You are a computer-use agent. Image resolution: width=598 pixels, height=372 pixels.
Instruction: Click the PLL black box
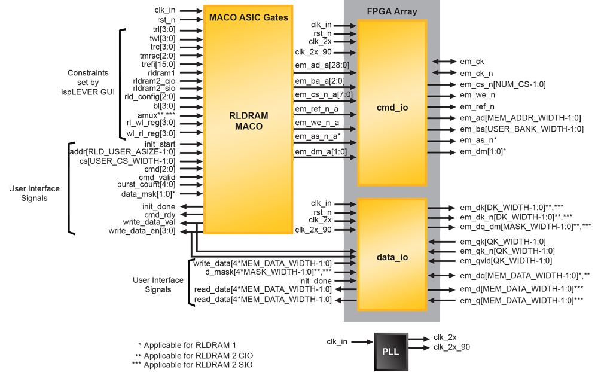click(391, 351)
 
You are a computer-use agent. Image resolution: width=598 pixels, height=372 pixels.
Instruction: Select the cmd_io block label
click(392, 108)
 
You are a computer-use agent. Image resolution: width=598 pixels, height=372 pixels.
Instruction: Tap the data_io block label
click(392, 257)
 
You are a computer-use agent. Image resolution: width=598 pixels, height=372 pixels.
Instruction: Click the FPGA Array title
click(392, 11)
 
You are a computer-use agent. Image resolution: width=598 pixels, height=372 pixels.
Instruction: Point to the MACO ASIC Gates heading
click(248, 17)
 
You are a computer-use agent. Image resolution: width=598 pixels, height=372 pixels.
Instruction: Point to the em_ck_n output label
click(476, 73)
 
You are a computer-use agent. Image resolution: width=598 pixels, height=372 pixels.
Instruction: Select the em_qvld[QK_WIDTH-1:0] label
click(505, 260)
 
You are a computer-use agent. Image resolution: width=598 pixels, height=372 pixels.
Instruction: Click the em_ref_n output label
click(477, 106)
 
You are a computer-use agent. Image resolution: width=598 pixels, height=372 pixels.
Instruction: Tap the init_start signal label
click(160, 144)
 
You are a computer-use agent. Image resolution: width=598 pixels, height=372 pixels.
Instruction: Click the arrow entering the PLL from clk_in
click(362, 342)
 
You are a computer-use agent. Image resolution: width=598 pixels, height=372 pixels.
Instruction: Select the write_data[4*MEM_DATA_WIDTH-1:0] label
click(263, 263)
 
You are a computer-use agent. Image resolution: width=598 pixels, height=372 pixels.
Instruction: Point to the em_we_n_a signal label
click(317, 123)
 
